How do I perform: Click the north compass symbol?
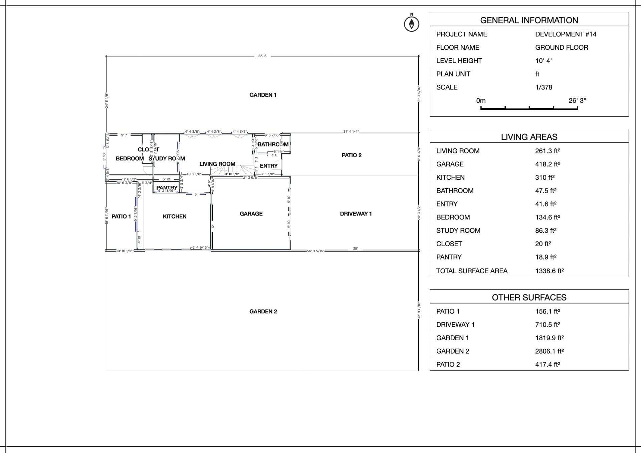click(x=411, y=24)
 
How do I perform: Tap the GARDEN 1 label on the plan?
click(x=263, y=95)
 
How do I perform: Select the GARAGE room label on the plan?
click(x=251, y=214)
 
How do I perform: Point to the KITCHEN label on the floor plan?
click(x=175, y=216)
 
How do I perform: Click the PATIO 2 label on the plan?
click(x=352, y=155)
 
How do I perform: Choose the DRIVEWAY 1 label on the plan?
click(x=356, y=214)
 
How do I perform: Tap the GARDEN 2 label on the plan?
click(x=263, y=312)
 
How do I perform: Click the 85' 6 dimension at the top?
click(x=262, y=56)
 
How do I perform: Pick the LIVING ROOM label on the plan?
click(x=217, y=164)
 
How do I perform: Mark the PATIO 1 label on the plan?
click(x=121, y=216)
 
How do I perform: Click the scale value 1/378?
click(x=544, y=87)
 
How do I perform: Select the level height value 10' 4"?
click(x=544, y=61)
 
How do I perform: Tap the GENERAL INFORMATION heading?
click(x=529, y=20)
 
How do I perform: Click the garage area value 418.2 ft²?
click(x=547, y=164)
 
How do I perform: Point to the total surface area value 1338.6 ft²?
click(x=549, y=271)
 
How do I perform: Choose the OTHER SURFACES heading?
click(x=529, y=298)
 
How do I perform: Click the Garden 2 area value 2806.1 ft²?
click(x=549, y=351)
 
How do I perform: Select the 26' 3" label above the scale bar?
click(x=577, y=101)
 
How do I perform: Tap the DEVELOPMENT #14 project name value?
click(x=566, y=34)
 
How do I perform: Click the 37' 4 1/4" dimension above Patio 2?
click(x=351, y=132)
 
